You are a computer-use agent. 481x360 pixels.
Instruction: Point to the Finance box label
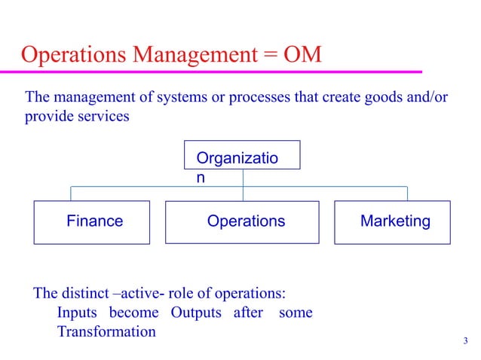pos(95,221)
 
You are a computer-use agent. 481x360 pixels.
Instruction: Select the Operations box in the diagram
pos(246,221)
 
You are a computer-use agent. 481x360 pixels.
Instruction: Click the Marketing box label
pos(395,221)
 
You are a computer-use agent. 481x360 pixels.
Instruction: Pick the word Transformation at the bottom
pos(106,331)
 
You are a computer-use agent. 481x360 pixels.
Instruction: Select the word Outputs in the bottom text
pos(198,313)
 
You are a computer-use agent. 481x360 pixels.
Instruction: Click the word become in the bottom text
pos(133,313)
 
